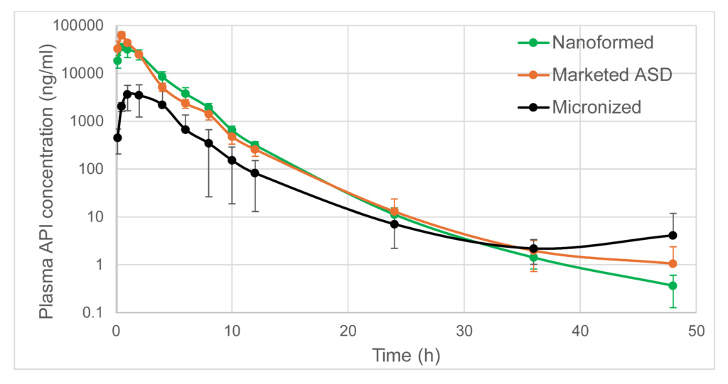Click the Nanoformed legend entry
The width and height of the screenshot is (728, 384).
(602, 43)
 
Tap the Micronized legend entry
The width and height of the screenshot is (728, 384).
(596, 107)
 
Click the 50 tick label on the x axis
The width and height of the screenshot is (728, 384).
(696, 331)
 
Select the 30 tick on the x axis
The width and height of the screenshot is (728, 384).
(464, 331)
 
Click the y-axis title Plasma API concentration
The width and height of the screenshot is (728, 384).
(45, 170)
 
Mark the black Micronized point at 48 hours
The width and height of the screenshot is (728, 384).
(673, 235)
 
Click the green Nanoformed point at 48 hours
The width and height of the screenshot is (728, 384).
(673, 285)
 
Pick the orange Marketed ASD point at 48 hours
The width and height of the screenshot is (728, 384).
(673, 263)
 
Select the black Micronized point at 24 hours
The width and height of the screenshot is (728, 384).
(395, 224)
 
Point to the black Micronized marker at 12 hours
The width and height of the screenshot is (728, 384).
(255, 172)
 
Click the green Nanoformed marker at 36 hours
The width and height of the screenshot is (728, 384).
(533, 257)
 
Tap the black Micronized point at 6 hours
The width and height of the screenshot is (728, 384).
(186, 129)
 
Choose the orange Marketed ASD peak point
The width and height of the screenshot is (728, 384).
(122, 35)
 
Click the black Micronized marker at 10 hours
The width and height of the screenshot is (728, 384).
(232, 160)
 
